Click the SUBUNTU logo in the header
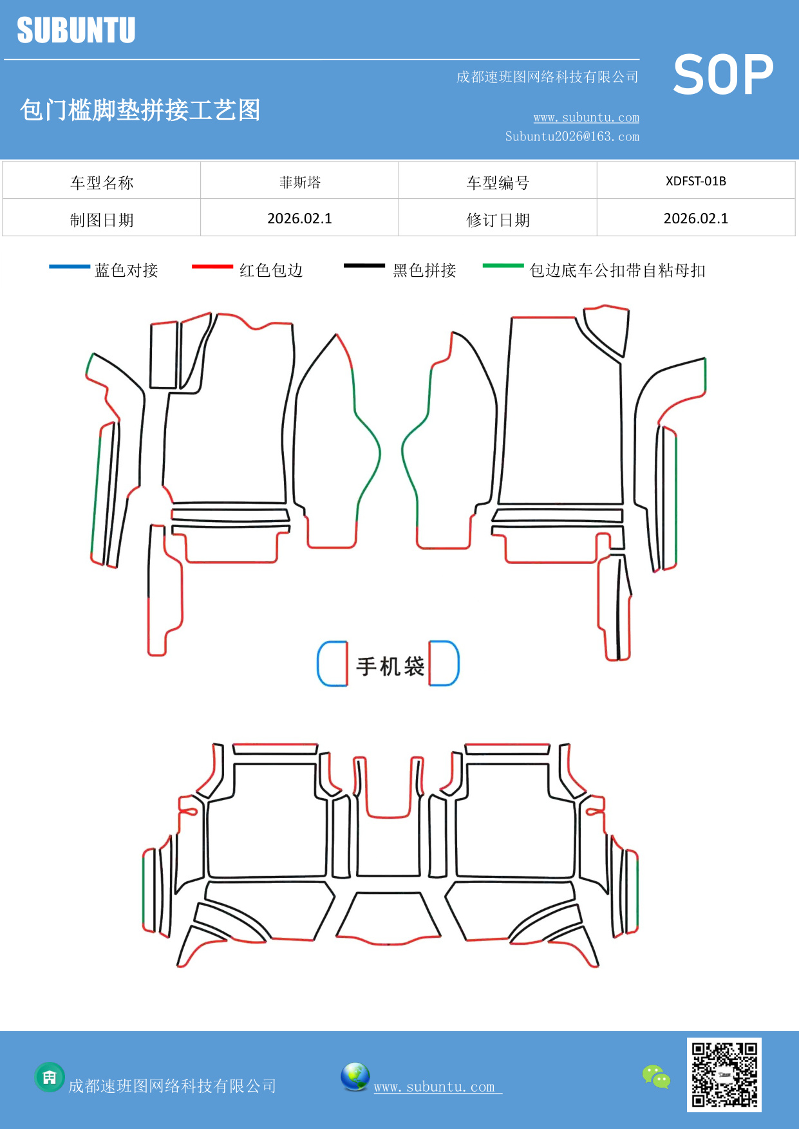pos(76,30)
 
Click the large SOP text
pos(722,75)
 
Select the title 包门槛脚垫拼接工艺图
pos(140,110)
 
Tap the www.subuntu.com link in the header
pos(586,117)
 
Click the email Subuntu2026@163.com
pos(572,136)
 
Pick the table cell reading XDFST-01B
pos(695,181)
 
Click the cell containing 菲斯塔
pos(299,182)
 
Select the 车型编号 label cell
pos(498,183)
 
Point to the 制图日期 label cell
pos(102,220)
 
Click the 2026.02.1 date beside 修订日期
pos(695,219)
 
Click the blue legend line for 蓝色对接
pos(70,266)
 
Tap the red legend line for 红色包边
pos(212,266)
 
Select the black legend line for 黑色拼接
pos(364,265)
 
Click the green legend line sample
pos(503,265)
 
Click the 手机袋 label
pos(390,666)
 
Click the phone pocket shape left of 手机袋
pos(333,664)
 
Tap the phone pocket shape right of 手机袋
pos(444,663)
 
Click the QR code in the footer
pos(724,1074)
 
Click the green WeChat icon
pos(656,1076)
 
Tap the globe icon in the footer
pos(355,1077)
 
